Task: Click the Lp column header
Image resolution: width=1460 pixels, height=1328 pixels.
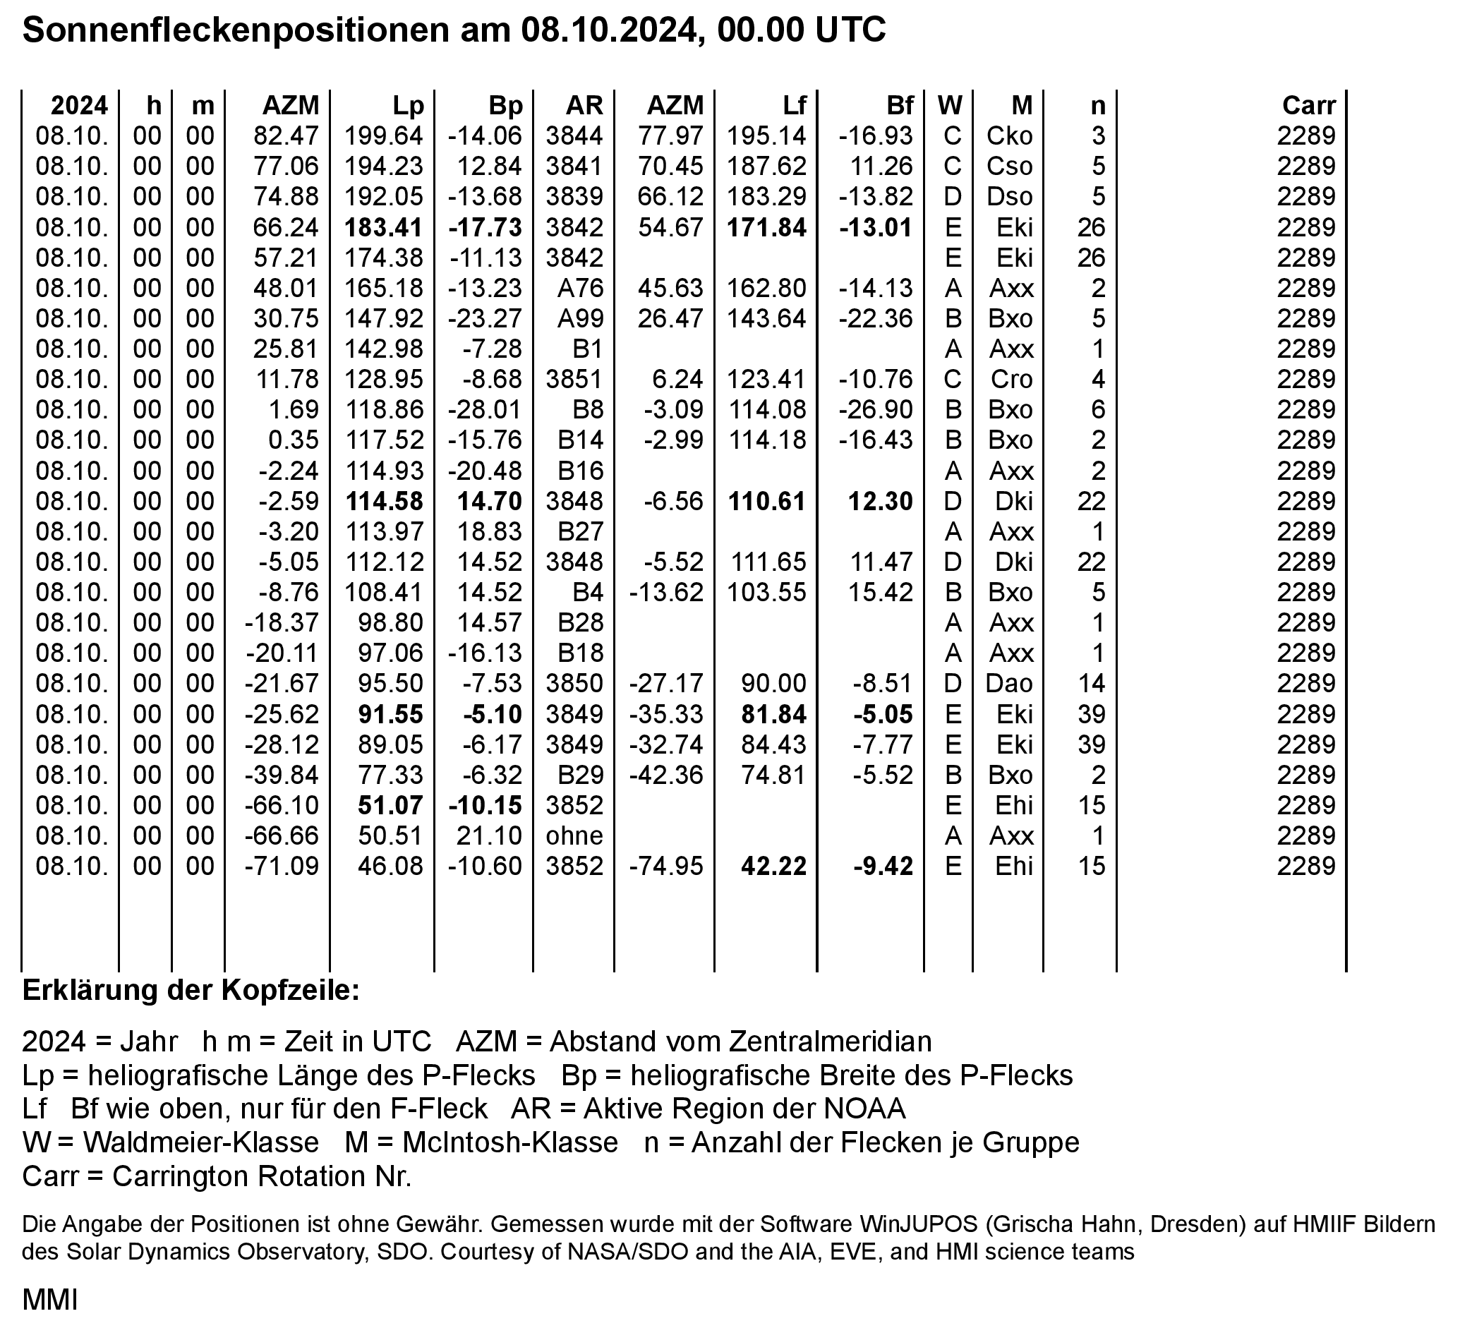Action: (408, 106)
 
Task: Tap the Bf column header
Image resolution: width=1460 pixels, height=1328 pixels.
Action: (900, 106)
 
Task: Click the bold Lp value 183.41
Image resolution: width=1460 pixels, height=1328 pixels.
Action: (384, 227)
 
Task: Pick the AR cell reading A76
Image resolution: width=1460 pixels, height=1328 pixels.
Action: (580, 288)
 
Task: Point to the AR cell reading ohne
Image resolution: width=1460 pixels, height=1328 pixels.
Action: (574, 835)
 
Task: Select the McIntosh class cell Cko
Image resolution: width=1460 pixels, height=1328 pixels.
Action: (1010, 136)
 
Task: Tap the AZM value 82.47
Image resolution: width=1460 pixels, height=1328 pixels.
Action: (286, 136)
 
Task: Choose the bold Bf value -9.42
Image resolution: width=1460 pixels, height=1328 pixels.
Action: (883, 866)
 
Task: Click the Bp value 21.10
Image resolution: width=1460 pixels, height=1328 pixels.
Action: (489, 835)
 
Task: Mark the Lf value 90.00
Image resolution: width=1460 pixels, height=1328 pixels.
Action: (773, 684)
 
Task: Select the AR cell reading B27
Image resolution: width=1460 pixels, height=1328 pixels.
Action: (580, 531)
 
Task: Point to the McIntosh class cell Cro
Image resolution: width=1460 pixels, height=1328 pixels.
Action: (1011, 380)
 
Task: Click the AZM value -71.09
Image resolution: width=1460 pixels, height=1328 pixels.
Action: (282, 866)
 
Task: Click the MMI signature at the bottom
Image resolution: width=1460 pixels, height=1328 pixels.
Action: (49, 1300)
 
